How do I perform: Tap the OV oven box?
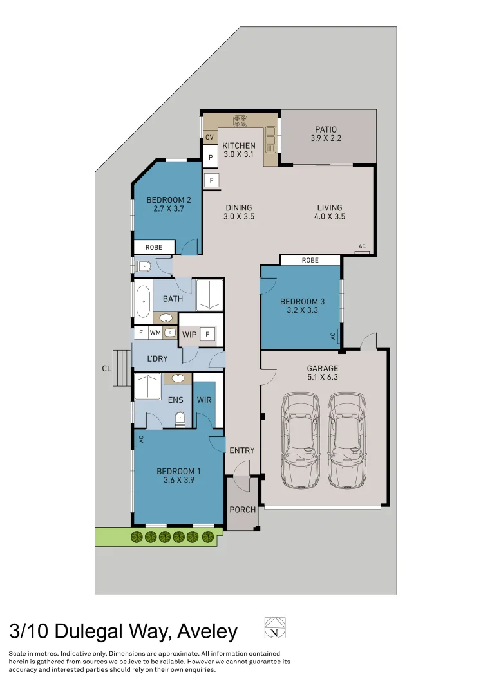tap(209, 138)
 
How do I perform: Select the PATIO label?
tap(325, 130)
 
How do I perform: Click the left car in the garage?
tap(301, 440)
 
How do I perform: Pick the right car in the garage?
tap(347, 440)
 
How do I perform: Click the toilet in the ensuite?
tap(180, 420)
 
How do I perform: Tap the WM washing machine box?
tap(155, 333)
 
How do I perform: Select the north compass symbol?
tap(275, 628)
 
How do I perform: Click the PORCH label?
tap(243, 510)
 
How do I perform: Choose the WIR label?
tap(204, 400)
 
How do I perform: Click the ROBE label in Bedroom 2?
tap(153, 247)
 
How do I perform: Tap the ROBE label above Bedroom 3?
tap(310, 261)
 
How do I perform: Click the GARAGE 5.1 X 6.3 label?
tap(323, 373)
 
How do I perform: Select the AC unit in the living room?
tap(362, 248)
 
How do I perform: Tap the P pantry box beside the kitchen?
tap(211, 157)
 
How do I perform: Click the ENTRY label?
tap(242, 450)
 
